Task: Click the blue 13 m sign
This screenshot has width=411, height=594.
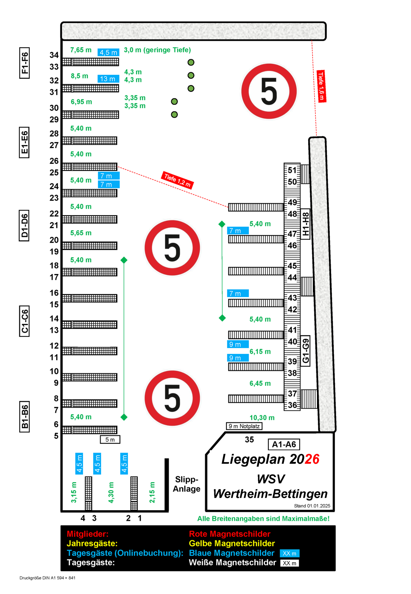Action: (x=108, y=79)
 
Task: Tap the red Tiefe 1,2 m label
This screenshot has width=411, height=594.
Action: (x=177, y=180)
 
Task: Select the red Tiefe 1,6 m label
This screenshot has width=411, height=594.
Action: (x=321, y=86)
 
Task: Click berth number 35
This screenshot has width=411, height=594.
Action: (x=249, y=440)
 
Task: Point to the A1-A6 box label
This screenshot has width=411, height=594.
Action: (x=284, y=445)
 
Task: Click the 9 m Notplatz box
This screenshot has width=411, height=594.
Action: (x=244, y=426)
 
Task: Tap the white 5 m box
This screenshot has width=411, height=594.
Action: (x=110, y=440)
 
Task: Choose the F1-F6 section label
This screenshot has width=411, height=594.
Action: (x=24, y=63)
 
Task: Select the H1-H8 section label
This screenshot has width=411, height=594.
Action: (x=306, y=224)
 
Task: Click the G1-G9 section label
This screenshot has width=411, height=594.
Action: (x=306, y=351)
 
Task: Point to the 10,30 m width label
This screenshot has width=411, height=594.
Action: (x=262, y=418)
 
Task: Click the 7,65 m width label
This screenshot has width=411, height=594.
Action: (x=81, y=50)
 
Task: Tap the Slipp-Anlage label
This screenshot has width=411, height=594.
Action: (x=186, y=484)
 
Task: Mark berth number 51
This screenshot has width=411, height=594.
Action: (x=292, y=170)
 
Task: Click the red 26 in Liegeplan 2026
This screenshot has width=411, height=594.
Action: (x=312, y=459)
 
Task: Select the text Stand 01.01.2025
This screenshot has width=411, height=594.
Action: (x=312, y=506)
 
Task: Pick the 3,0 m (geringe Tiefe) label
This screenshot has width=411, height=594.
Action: (x=157, y=50)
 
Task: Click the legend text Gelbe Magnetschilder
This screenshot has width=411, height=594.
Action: (x=232, y=544)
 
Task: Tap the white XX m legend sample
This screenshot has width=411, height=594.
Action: (x=289, y=563)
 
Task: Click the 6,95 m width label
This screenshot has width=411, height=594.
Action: (x=81, y=102)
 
